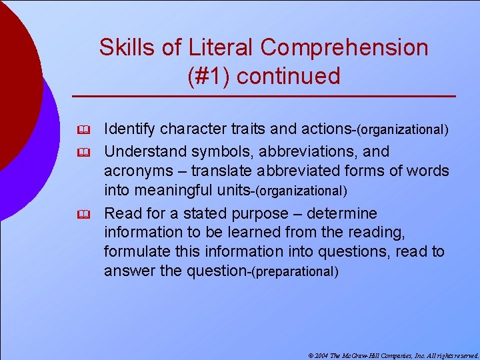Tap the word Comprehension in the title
pyautogui.click(x=345, y=47)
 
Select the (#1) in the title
pyautogui.click(x=209, y=76)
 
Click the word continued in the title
pyautogui.click(x=288, y=76)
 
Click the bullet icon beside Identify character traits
pyautogui.click(x=83, y=128)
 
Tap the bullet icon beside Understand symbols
pyautogui.click(x=83, y=152)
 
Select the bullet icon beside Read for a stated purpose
pyautogui.click(x=83, y=214)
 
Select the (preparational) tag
pyautogui.click(x=294, y=272)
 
